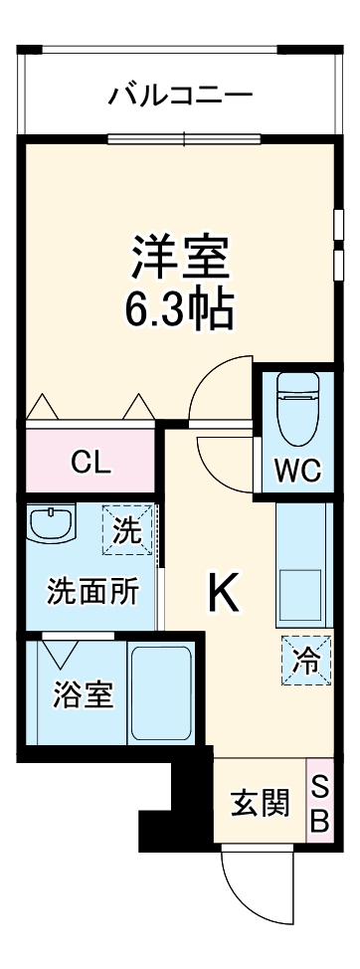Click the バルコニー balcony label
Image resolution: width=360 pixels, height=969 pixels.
click(x=180, y=97)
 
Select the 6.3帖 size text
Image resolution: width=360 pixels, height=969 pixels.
click(x=180, y=309)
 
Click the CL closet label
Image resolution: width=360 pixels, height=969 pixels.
click(x=90, y=463)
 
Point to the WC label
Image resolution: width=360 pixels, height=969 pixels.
click(x=298, y=471)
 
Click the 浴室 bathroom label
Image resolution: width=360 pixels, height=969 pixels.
click(x=83, y=693)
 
